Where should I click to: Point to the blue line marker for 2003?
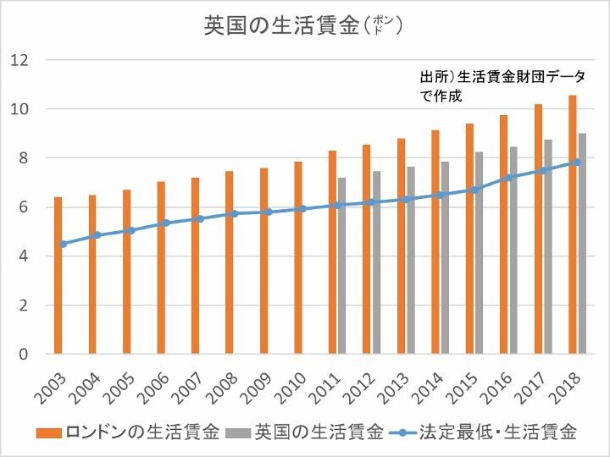click(63, 244)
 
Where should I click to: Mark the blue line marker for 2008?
click(234, 213)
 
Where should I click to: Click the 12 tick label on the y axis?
click(19, 60)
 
